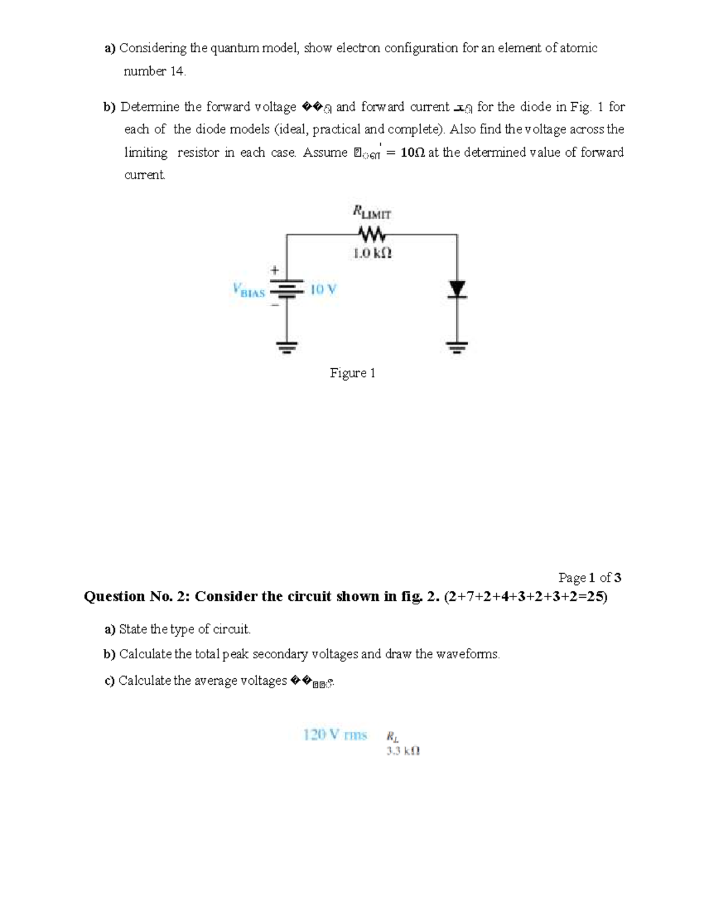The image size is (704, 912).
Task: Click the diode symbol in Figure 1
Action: pyautogui.click(x=457, y=290)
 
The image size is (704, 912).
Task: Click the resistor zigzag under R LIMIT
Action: pyautogui.click(x=371, y=235)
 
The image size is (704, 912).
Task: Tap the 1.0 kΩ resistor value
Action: pyautogui.click(x=372, y=254)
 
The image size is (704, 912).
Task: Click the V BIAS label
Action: pyautogui.click(x=249, y=290)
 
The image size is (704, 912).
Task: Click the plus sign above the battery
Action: pyautogui.click(x=273, y=271)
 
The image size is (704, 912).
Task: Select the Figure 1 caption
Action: pyautogui.click(x=352, y=373)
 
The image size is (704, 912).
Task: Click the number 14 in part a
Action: pyautogui.click(x=177, y=72)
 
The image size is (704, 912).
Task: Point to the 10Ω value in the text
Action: pyautogui.click(x=413, y=153)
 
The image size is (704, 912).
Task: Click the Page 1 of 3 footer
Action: pyautogui.click(x=589, y=577)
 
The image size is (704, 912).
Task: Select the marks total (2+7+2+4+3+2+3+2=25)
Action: pyautogui.click(x=526, y=597)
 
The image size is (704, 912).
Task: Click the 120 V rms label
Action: pyautogui.click(x=335, y=735)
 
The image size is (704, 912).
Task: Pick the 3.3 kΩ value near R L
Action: pyautogui.click(x=403, y=751)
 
